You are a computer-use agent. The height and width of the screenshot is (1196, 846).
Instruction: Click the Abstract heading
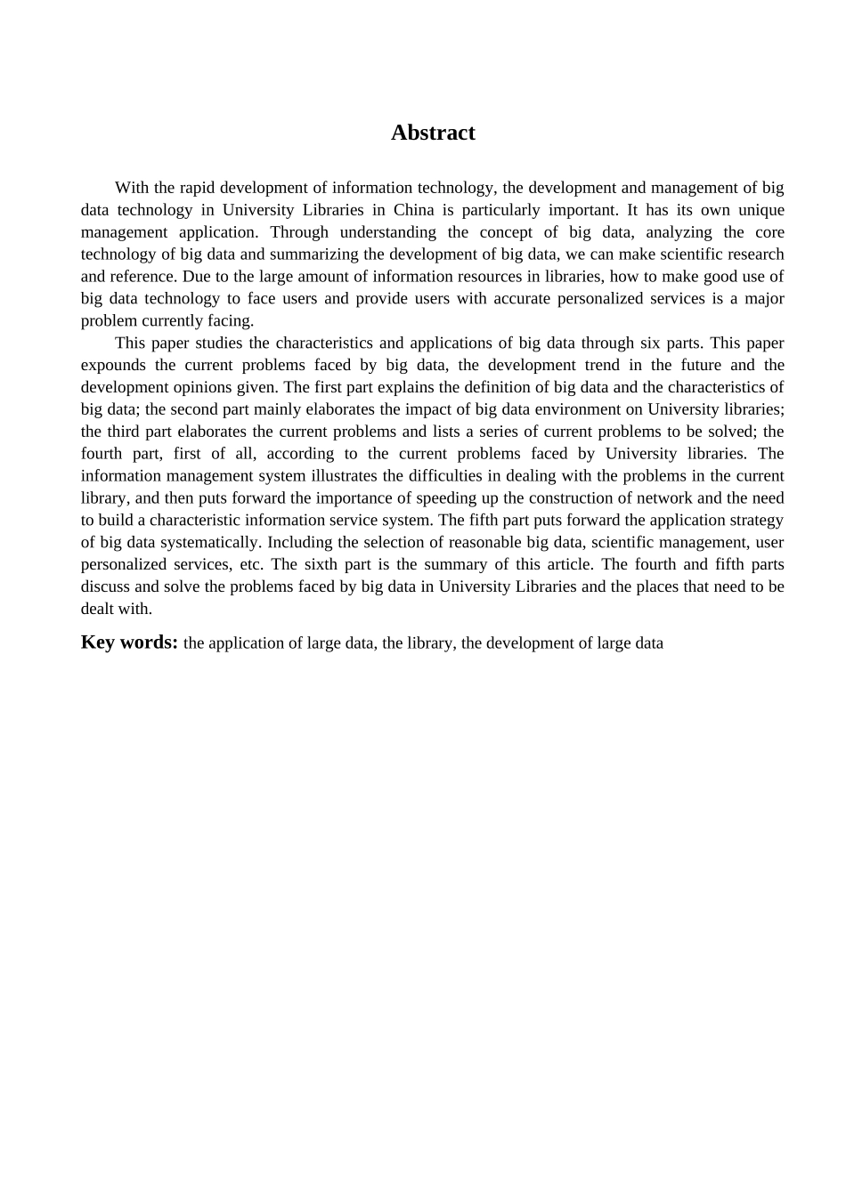[x=433, y=133]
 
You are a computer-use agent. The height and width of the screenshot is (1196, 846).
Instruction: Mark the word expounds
[x=113, y=365]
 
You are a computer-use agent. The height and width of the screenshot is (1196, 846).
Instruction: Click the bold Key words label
[x=129, y=642]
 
